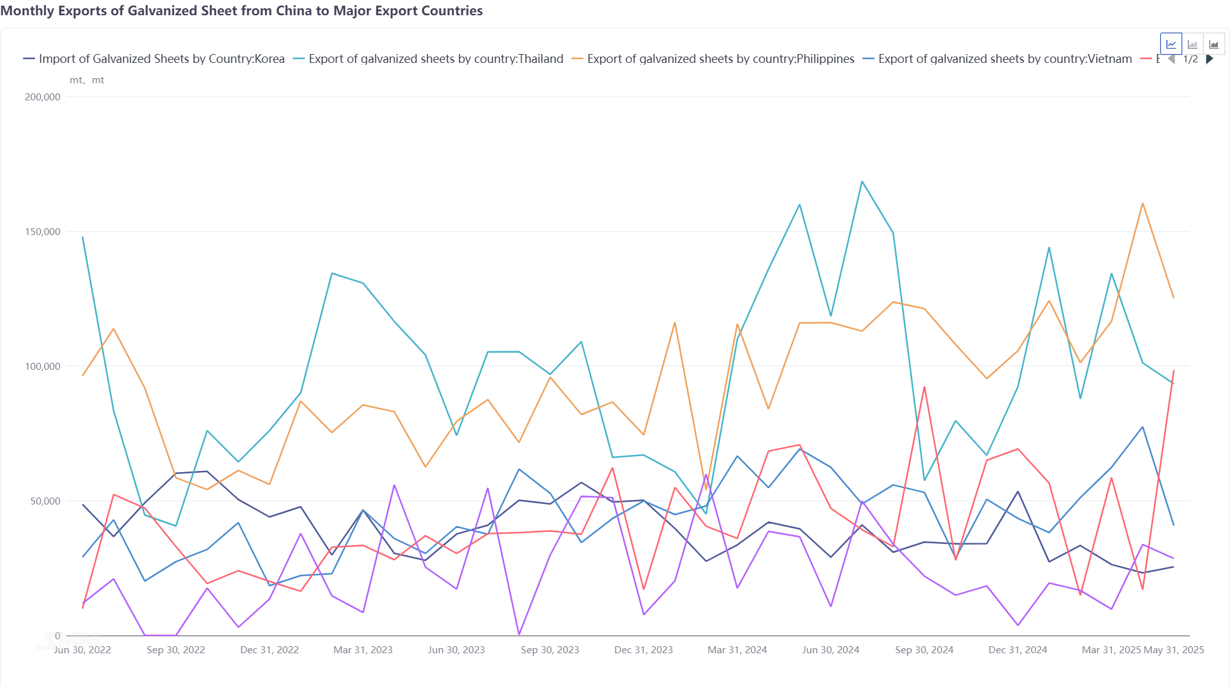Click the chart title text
click(x=242, y=11)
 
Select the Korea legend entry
click(x=161, y=59)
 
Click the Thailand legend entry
click(x=435, y=59)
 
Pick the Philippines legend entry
click(x=720, y=59)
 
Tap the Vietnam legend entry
click(x=1004, y=59)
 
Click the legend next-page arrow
click(x=1210, y=59)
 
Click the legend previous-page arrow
click(x=1172, y=59)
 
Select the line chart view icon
click(x=1171, y=44)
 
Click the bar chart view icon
click(x=1192, y=44)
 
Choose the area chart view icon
click(x=1213, y=44)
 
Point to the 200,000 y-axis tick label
click(x=43, y=97)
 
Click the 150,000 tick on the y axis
click(x=43, y=232)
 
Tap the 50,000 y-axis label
click(x=45, y=501)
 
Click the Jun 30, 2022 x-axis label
click(x=82, y=650)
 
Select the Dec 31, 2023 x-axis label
click(x=643, y=650)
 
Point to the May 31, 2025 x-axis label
click(x=1173, y=650)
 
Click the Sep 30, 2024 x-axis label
click(x=924, y=650)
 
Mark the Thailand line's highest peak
click(x=862, y=182)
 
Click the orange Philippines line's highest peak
click(x=1142, y=203)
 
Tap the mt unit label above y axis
click(x=86, y=81)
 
